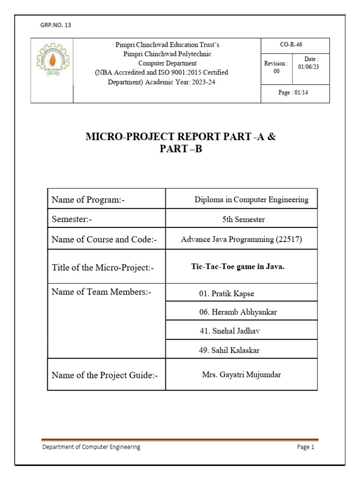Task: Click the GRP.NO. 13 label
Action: tap(56, 25)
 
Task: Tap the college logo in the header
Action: tap(52, 63)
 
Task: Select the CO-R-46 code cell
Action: tap(295, 45)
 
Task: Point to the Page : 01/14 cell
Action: tap(295, 93)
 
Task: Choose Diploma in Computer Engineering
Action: tap(251, 200)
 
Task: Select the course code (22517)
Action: tap(289, 240)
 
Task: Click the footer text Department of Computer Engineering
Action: tap(91, 447)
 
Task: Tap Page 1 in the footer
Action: tap(306, 447)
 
